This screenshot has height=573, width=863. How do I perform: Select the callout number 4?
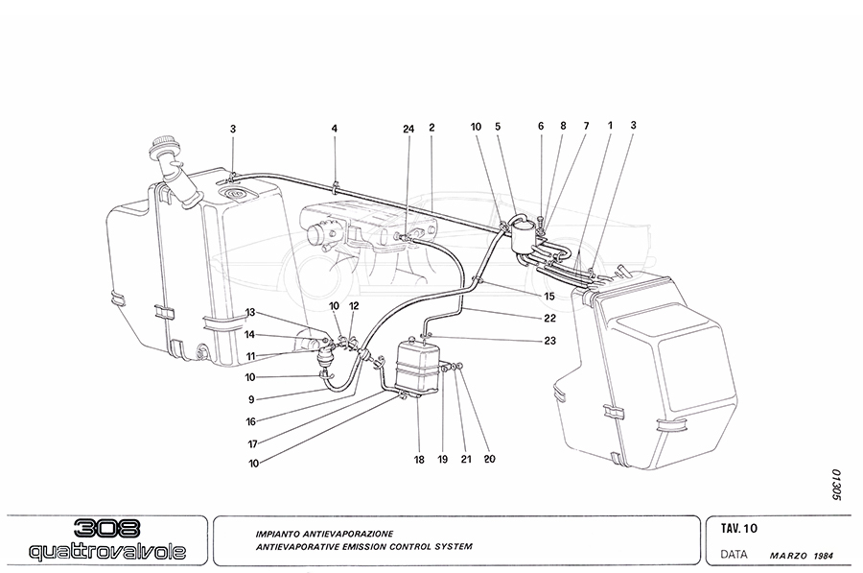pyautogui.click(x=335, y=128)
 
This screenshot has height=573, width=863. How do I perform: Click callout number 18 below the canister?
pyautogui.click(x=419, y=461)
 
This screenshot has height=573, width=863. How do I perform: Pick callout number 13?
pyautogui.click(x=250, y=313)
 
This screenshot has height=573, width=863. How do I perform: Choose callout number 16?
pyautogui.click(x=250, y=420)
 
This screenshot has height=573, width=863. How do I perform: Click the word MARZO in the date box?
pyautogui.click(x=788, y=555)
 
